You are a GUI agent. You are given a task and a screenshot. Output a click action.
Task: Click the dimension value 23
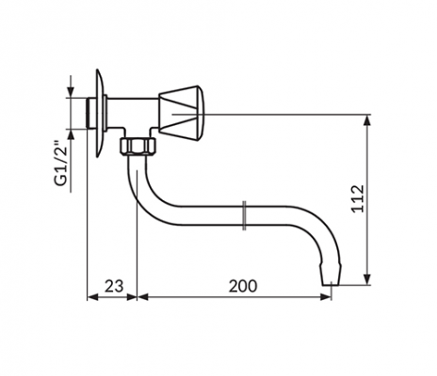click(x=114, y=286)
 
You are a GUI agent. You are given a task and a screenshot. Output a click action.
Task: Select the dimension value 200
click(x=243, y=286)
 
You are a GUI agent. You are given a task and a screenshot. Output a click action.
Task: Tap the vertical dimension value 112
click(x=358, y=199)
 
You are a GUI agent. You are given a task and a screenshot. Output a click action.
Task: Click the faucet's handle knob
click(x=181, y=113)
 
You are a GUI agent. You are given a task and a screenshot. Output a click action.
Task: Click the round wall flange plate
click(x=101, y=113)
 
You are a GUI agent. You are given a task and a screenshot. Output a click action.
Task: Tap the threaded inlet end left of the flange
click(x=91, y=113)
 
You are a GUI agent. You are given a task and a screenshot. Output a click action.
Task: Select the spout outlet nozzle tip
click(x=331, y=275)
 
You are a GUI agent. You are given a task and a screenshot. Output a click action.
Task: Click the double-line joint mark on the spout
click(x=244, y=215)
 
